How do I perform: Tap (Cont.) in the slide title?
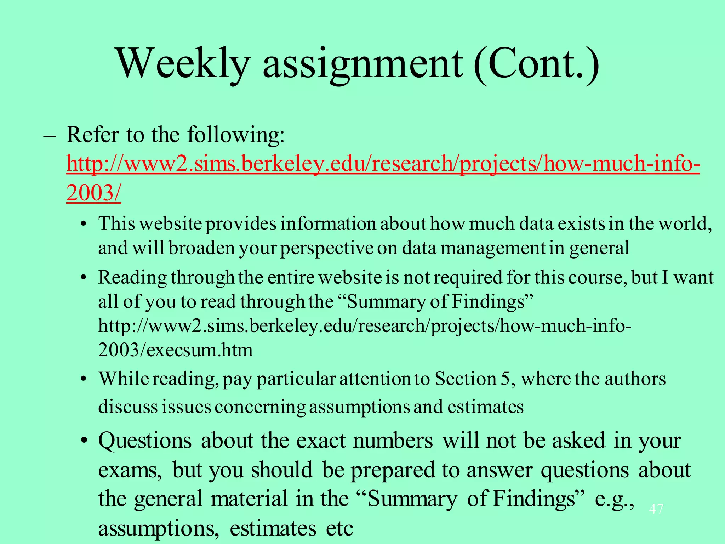coord(536,64)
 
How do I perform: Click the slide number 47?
coord(656,509)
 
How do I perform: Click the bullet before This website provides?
coord(83,225)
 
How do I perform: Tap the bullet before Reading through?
coord(83,278)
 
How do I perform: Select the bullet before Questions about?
coord(83,442)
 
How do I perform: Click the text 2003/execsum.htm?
coord(176,350)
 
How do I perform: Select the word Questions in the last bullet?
coord(145,442)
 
